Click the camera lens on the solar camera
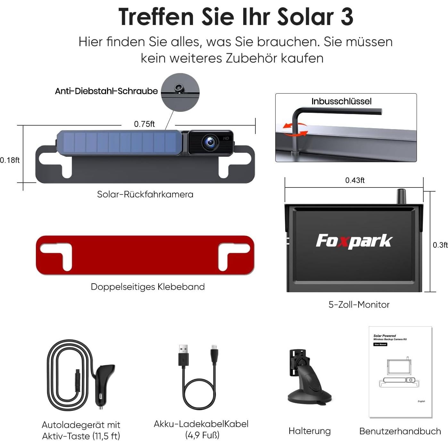click(x=210, y=142)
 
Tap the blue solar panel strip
click(x=119, y=142)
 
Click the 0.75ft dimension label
click(x=144, y=124)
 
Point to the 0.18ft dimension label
click(x=10, y=160)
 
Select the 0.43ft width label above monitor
click(x=355, y=180)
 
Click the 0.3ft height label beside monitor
click(x=440, y=245)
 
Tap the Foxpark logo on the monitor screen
click(x=354, y=241)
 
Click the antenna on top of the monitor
click(x=401, y=196)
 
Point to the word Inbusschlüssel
click(x=341, y=102)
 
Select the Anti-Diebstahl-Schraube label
click(x=106, y=91)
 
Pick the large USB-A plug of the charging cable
click(x=183, y=355)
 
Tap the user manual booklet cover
click(x=400, y=372)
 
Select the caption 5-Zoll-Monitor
click(x=359, y=304)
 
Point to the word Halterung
click(x=310, y=431)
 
